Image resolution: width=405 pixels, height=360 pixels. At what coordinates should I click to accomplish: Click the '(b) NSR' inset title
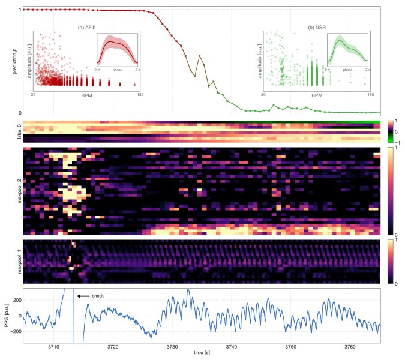click(317, 28)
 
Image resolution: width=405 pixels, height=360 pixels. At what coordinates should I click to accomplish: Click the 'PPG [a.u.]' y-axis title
click(8, 316)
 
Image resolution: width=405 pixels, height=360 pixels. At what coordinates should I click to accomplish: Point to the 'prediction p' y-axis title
click(8, 60)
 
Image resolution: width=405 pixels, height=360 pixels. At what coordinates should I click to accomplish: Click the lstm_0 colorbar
click(391, 131)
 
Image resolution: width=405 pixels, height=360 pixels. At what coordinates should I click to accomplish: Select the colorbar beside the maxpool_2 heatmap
click(391, 191)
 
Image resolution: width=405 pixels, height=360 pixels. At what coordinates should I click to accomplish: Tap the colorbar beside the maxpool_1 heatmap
click(391, 262)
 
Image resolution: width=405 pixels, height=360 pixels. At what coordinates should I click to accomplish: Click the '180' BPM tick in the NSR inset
click(371, 95)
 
